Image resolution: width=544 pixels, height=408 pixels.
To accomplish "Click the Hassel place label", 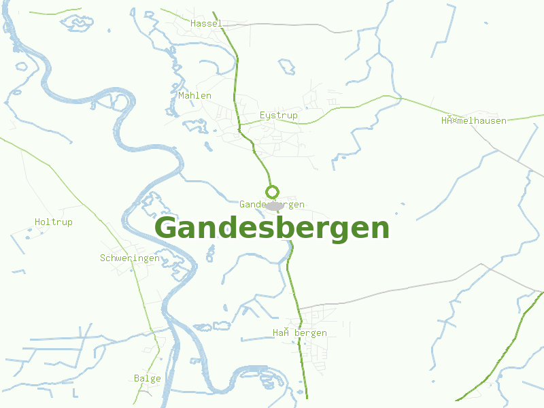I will pyautogui.click(x=207, y=23).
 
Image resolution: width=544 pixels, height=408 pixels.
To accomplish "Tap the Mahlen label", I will pyautogui.click(x=194, y=96).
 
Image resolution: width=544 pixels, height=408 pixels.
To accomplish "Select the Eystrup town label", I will pyautogui.click(x=279, y=116).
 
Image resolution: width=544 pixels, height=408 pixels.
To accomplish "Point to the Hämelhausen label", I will pyautogui.click(x=473, y=120).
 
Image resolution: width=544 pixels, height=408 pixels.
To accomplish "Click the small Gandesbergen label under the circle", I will pyautogui.click(x=271, y=205).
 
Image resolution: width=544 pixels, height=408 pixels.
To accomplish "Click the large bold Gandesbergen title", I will pyautogui.click(x=272, y=228).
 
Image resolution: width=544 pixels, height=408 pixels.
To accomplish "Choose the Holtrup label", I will pyautogui.click(x=53, y=222).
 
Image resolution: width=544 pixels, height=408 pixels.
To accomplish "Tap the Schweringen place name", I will pyautogui.click(x=130, y=258).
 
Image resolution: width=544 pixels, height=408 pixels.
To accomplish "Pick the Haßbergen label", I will pyautogui.click(x=300, y=333).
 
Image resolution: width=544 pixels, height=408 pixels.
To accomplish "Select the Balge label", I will pyautogui.click(x=148, y=379).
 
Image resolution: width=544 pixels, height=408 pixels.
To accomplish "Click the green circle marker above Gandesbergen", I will pyautogui.click(x=272, y=191).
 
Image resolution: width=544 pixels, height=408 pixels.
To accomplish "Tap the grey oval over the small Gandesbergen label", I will pyautogui.click(x=274, y=205).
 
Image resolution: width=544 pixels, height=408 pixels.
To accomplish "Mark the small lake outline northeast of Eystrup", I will pyautogui.click(x=287, y=67).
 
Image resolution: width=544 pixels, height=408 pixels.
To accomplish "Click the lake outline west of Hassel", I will pyautogui.click(x=78, y=23).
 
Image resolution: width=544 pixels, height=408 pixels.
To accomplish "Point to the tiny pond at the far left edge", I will pyautogui.click(x=22, y=67).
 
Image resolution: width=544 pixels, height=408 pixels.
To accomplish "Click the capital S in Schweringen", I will pyautogui.click(x=103, y=258).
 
